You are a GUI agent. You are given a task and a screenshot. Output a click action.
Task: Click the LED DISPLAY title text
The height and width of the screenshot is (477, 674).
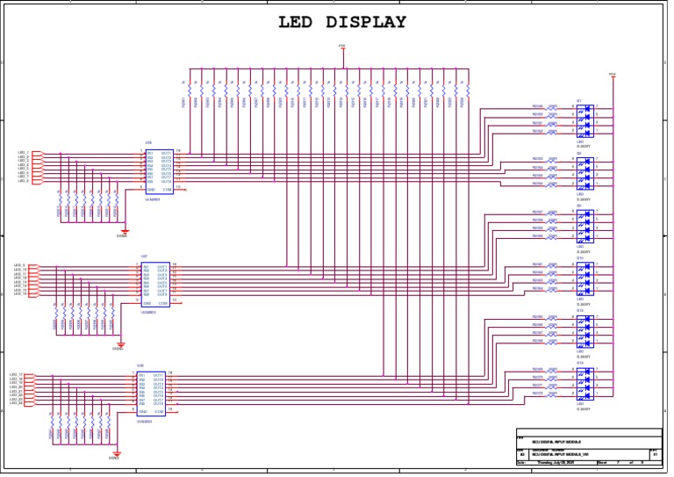click(x=342, y=23)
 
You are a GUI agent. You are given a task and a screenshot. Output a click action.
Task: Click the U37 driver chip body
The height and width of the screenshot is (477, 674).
click(x=155, y=284)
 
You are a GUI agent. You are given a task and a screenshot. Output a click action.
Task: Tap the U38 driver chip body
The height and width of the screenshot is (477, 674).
click(x=150, y=393)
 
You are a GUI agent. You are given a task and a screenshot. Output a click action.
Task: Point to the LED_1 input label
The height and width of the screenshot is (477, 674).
click(x=24, y=153)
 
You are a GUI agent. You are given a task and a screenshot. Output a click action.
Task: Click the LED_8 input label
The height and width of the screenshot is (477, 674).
click(x=24, y=181)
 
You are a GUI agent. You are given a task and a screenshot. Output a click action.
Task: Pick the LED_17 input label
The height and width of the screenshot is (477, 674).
click(x=16, y=374)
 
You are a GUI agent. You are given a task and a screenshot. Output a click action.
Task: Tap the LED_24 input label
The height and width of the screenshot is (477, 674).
click(x=16, y=403)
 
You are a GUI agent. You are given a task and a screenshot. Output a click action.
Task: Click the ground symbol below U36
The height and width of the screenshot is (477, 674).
click(x=124, y=231)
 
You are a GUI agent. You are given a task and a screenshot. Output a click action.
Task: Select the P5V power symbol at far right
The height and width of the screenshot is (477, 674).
click(x=613, y=76)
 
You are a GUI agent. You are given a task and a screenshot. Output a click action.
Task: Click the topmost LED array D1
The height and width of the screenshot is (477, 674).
click(x=584, y=120)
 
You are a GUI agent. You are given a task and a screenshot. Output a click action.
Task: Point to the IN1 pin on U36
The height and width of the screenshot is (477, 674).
click(x=150, y=153)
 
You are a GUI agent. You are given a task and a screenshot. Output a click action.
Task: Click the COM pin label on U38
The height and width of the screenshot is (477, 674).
click(x=159, y=411)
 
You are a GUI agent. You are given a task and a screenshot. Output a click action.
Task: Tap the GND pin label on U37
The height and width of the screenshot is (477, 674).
click(x=147, y=303)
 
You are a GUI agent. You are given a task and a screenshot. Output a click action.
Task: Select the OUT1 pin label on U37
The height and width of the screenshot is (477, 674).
click(x=162, y=265)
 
